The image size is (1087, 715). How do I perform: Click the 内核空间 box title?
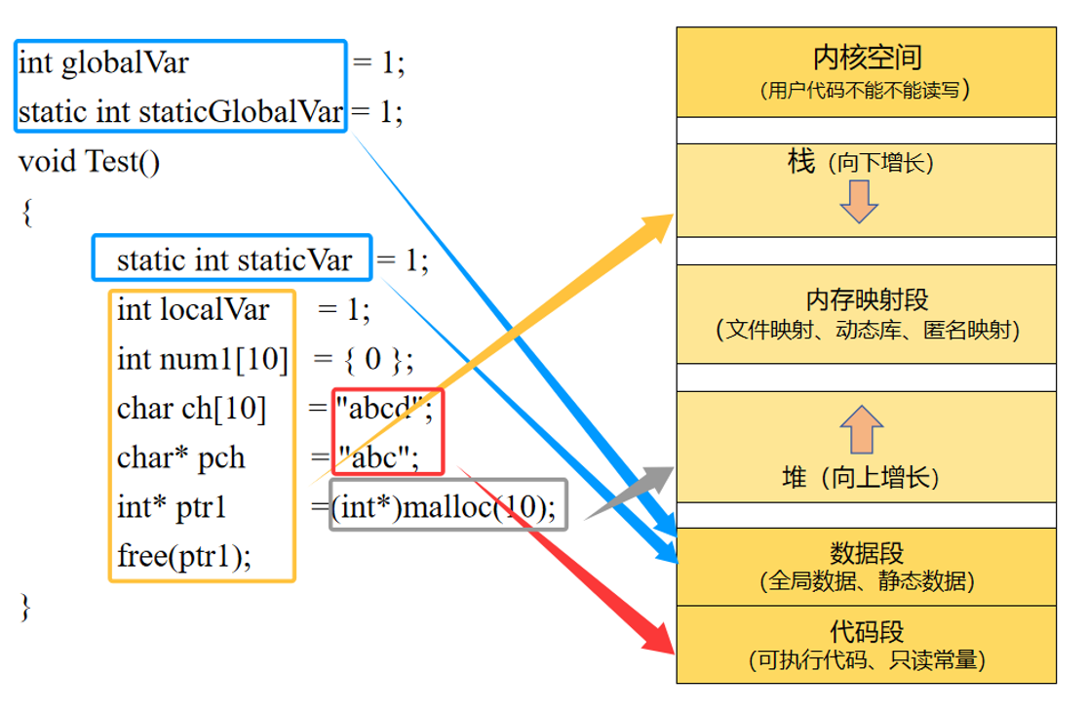pyautogui.click(x=866, y=58)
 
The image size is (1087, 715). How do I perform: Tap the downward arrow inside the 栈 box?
pyautogui.click(x=859, y=200)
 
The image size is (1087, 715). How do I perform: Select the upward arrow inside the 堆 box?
pyautogui.click(x=862, y=430)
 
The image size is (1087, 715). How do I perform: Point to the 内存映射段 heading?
pyautogui.click(x=866, y=298)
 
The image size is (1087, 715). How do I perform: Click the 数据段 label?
pyautogui.click(x=867, y=553)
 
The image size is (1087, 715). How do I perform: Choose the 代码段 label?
pyautogui.click(x=867, y=631)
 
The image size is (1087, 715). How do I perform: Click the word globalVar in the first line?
pyautogui.click(x=125, y=63)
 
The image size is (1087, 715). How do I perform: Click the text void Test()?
pyautogui.click(x=89, y=161)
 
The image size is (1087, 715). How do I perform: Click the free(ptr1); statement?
pyautogui.click(x=183, y=557)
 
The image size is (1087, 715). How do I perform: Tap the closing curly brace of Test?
pyautogui.click(x=25, y=607)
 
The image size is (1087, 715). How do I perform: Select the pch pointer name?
pyautogui.click(x=222, y=458)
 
